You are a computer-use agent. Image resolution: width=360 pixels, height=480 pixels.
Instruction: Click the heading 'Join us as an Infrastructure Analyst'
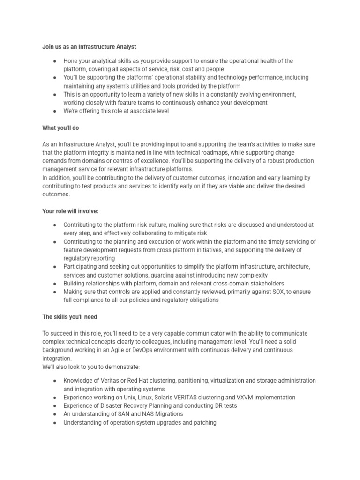(89, 46)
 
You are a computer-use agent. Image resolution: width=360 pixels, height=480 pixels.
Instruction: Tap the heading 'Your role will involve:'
(70, 211)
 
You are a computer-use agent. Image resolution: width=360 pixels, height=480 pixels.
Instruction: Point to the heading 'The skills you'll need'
(70, 317)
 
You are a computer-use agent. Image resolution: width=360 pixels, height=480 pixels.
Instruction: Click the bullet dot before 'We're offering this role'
(55, 111)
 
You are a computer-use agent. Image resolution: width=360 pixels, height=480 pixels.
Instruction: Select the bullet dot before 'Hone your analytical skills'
(55, 61)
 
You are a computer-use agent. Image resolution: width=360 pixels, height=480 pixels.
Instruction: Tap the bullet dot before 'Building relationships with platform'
(55, 284)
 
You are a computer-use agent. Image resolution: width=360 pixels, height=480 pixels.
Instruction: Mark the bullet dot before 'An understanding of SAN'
(55, 414)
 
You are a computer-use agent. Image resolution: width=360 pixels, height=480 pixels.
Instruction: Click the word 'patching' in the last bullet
(204, 422)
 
